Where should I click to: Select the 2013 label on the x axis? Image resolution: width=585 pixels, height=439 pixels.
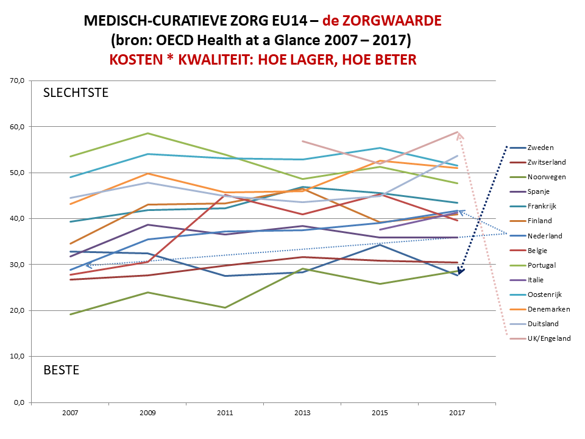[303, 413]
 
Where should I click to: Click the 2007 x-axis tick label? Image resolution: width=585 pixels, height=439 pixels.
[70, 413]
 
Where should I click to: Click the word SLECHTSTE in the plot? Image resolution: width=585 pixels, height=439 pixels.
[76, 93]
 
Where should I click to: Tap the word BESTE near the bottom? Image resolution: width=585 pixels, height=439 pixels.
[61, 370]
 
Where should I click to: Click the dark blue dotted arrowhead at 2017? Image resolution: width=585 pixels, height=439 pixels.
[461, 271]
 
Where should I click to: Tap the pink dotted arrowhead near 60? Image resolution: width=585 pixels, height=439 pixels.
[459, 135]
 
